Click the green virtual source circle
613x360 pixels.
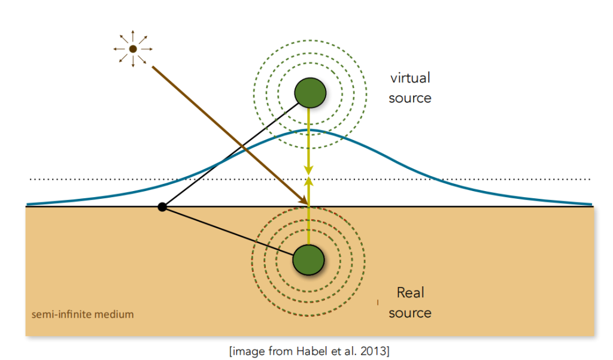[310, 92]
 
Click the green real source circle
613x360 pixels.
[308, 260]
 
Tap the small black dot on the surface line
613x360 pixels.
[162, 207]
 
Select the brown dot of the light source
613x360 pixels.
[133, 49]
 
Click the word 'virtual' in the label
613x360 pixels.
[410, 78]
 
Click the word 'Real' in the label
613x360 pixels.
[410, 293]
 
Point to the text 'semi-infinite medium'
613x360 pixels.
[83, 314]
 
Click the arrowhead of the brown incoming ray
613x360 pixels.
[304, 201]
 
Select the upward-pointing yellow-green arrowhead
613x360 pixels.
[309, 181]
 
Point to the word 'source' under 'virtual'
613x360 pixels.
[410, 98]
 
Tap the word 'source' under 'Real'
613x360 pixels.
[410, 313]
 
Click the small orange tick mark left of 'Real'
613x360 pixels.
[377, 302]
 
